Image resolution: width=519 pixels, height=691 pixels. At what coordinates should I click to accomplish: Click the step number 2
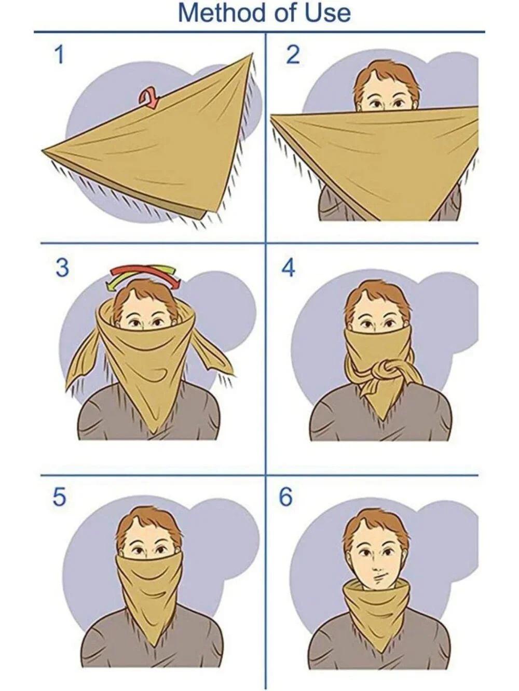coord(293,55)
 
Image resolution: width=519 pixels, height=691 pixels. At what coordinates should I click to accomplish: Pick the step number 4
coord(288,268)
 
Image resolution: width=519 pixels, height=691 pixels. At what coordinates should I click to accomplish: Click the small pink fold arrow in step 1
coord(149,98)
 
